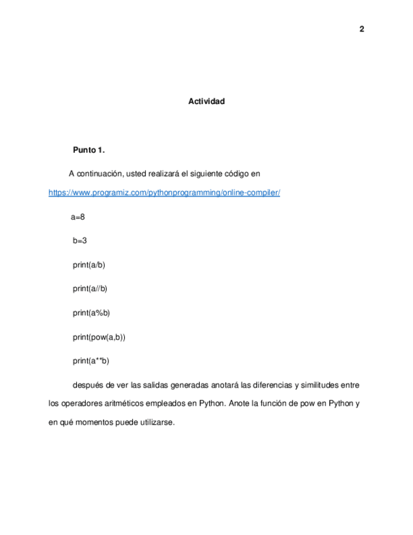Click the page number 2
(362, 29)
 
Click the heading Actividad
(206, 101)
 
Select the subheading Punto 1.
(89, 150)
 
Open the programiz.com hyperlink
(164, 192)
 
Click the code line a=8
(78, 217)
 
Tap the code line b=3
(79, 241)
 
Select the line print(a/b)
(89, 265)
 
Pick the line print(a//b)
(90, 289)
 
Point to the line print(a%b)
(91, 313)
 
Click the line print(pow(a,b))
(99, 337)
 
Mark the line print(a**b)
(91, 361)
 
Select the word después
(89, 384)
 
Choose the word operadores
(75, 403)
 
